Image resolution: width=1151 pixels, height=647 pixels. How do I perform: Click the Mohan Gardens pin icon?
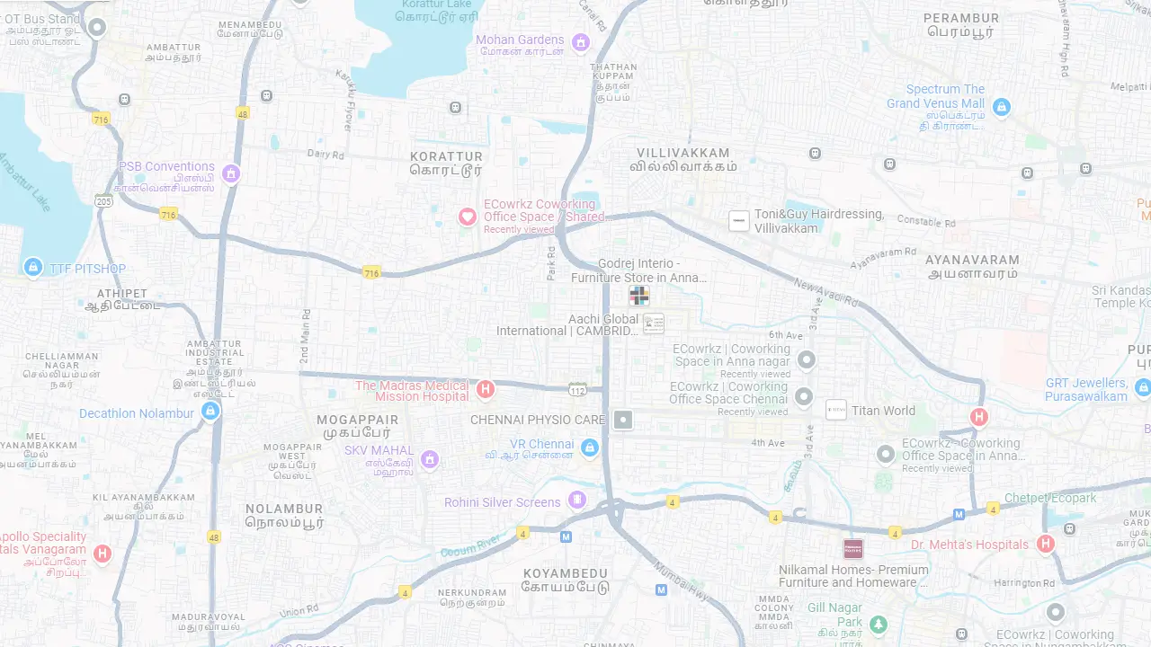click(581, 42)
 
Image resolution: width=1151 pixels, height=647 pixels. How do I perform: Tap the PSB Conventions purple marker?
click(231, 173)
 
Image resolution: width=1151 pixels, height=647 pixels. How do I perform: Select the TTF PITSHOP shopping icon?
click(33, 267)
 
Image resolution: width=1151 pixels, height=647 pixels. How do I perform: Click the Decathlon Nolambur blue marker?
click(210, 411)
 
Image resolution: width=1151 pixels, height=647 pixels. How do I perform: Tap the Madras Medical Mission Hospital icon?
click(486, 389)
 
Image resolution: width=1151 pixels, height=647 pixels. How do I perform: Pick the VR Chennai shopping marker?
click(590, 447)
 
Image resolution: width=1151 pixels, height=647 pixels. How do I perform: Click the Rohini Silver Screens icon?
click(577, 500)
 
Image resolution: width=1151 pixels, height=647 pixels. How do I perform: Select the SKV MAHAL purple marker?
click(430, 459)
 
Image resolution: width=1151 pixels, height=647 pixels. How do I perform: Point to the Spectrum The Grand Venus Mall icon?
click(1002, 108)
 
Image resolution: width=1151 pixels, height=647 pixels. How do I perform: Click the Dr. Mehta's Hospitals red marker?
click(1045, 544)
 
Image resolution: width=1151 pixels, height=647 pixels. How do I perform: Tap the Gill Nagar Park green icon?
click(879, 624)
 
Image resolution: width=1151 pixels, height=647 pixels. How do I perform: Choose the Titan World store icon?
click(836, 410)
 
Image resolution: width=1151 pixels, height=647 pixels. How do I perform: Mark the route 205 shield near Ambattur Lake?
click(104, 200)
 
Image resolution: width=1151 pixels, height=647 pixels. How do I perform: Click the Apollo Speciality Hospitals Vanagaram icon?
click(103, 554)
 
